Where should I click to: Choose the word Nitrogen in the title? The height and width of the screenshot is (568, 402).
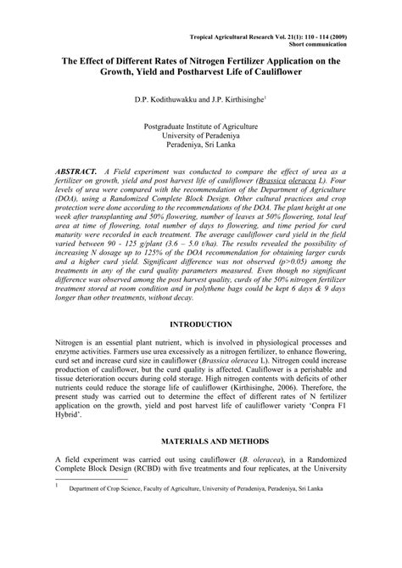[215, 61]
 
